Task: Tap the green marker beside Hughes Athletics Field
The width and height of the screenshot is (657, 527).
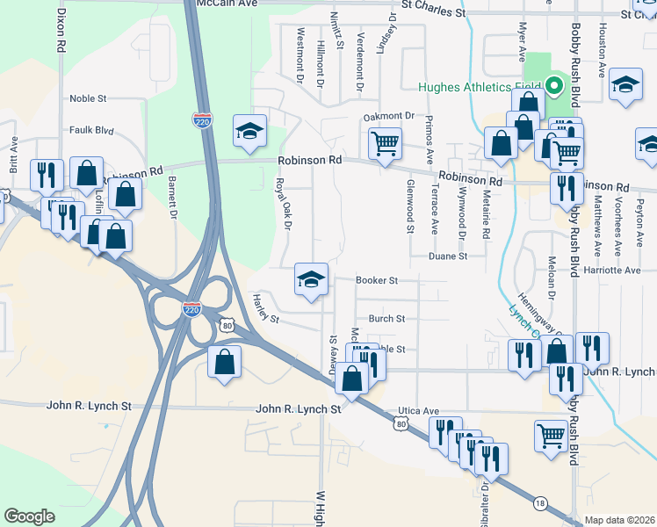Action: [554, 86]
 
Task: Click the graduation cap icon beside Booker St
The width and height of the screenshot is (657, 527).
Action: [310, 280]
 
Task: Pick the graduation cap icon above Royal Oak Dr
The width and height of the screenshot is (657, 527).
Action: [249, 132]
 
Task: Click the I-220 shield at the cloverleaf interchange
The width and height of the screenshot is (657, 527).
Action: [191, 309]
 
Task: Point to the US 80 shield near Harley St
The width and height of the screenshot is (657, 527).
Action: [228, 326]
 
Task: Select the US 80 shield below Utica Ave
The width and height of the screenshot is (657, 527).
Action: [401, 424]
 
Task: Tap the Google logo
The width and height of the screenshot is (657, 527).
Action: [29, 516]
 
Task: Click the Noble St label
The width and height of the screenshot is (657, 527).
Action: [88, 99]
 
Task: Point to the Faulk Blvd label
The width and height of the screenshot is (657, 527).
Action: [92, 131]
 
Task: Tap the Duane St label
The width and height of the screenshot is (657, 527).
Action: [448, 256]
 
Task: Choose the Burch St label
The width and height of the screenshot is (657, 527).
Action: [386, 319]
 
